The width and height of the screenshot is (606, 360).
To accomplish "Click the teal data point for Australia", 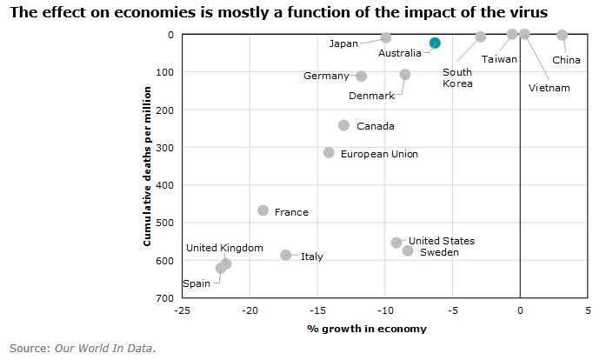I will pos(435,43).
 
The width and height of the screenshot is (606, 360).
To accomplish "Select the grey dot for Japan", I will pos(386,38).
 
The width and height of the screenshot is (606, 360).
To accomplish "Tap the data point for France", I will pos(263,210).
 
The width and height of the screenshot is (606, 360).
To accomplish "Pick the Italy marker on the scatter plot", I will pos(286,255).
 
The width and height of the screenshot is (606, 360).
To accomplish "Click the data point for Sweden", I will pos(408,250).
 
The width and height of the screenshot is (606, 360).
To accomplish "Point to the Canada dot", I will pos(343,125).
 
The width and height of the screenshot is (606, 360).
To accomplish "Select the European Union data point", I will pos(329,152).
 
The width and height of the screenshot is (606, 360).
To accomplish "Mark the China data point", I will pos(563,35).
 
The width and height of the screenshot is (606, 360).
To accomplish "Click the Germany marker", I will pos(362,77).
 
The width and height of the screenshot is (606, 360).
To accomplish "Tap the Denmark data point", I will pos(405,75).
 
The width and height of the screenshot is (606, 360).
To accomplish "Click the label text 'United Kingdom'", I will pos(224,248).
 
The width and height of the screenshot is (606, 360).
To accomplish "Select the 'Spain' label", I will pos(196,283).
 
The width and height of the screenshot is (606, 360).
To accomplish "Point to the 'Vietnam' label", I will pos(549,88).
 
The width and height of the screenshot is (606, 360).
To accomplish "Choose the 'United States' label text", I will pos(442,241).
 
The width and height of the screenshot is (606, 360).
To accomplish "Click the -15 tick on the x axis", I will pos(317,309).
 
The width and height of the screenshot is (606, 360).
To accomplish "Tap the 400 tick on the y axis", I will pos(164,185).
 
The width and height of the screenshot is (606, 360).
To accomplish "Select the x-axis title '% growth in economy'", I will pos(367,329).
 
